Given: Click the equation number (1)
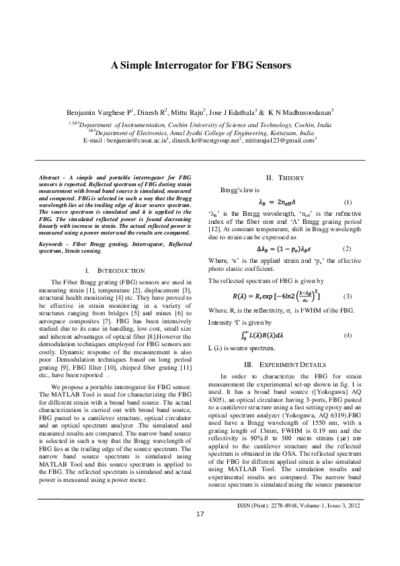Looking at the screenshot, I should click(x=347, y=202).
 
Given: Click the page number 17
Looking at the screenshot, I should click(x=200, y=532).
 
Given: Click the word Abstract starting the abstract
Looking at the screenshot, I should click(x=50, y=175).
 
